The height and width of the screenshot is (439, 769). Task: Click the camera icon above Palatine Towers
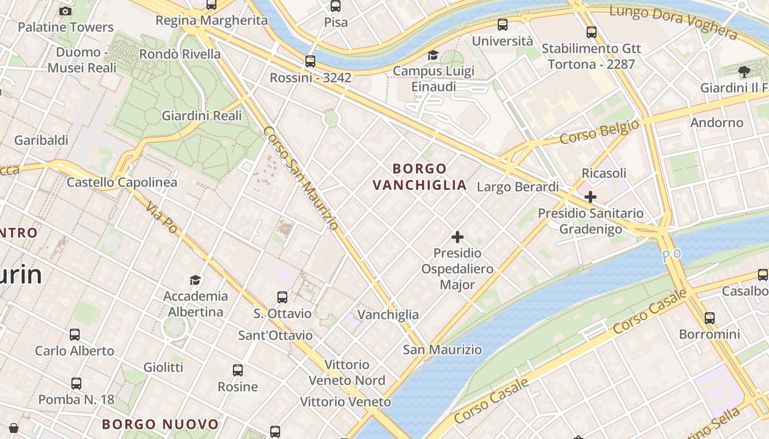pyautogui.click(x=65, y=11)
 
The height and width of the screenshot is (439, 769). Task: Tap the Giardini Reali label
pyautogui.click(x=202, y=116)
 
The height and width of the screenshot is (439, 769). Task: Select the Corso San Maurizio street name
pyautogui.click(x=300, y=178)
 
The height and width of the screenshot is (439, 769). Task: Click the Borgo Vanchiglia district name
pyautogui.click(x=420, y=177)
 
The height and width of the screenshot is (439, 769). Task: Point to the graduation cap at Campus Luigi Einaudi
pyautogui.click(x=433, y=55)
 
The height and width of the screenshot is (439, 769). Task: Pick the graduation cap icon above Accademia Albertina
pyautogui.click(x=195, y=280)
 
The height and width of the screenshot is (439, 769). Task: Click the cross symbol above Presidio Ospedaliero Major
pyautogui.click(x=457, y=237)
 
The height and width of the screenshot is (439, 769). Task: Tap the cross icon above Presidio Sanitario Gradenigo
pyautogui.click(x=590, y=196)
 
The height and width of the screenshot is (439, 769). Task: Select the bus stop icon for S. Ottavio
pyautogui.click(x=282, y=297)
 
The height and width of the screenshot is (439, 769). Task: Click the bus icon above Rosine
pyautogui.click(x=237, y=370)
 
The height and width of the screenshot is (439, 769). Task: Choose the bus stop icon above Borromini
pyautogui.click(x=710, y=318)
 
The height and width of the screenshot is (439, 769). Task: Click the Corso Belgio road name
pyautogui.click(x=600, y=133)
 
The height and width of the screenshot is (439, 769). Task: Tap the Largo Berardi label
pyautogui.click(x=517, y=187)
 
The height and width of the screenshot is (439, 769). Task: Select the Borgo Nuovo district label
pyautogui.click(x=160, y=424)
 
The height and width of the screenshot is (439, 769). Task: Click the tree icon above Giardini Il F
pyautogui.click(x=744, y=71)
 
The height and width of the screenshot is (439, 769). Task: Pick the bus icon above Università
pyautogui.click(x=503, y=25)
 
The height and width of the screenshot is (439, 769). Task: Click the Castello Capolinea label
pyautogui.click(x=122, y=182)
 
